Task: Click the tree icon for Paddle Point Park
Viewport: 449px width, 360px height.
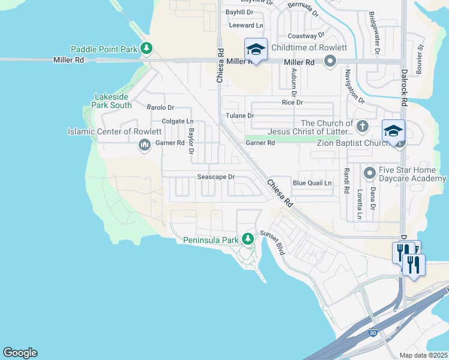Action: pyautogui.click(x=146, y=48)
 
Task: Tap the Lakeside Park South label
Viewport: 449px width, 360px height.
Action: pyautogui.click(x=112, y=101)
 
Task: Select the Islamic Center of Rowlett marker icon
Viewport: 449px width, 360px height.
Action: pyautogui.click(x=144, y=145)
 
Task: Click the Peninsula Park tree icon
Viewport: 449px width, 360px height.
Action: pyautogui.click(x=247, y=239)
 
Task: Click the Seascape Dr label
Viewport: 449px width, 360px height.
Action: pyautogui.click(x=215, y=177)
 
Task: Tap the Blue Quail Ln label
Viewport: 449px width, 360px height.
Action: pyautogui.click(x=312, y=183)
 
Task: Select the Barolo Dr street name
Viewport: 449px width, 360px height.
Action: pyautogui.click(x=160, y=107)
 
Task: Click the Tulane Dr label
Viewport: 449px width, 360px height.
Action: pyautogui.click(x=240, y=115)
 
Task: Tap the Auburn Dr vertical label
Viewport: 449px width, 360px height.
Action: pyautogui.click(x=294, y=82)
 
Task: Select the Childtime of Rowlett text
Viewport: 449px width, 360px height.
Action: pyautogui.click(x=309, y=47)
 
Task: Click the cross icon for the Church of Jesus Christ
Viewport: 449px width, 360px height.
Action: pyautogui.click(x=361, y=127)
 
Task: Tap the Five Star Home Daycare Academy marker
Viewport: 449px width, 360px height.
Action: pyautogui.click(x=370, y=173)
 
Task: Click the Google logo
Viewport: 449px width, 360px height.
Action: pyautogui.click(x=20, y=353)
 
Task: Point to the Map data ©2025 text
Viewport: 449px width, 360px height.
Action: pyautogui.click(x=423, y=355)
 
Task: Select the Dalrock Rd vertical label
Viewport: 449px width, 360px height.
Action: pyautogui.click(x=403, y=86)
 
